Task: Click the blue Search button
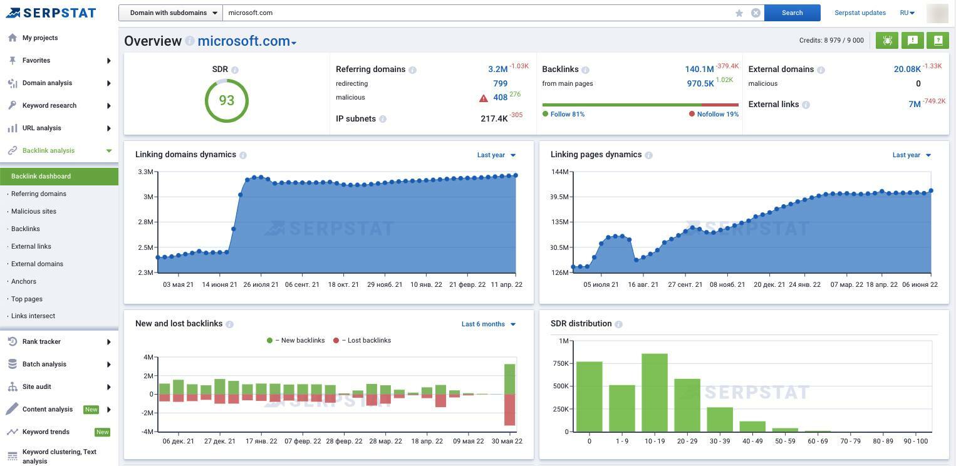[x=792, y=13]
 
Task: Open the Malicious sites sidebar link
[x=34, y=211]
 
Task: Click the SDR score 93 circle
[x=227, y=101]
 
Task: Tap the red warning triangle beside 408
[x=484, y=98]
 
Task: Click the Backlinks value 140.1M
[x=699, y=69]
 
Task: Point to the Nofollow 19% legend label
[x=717, y=114]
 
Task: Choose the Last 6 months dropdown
[x=488, y=324]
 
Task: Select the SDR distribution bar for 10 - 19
[x=654, y=393]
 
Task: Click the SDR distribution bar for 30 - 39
[x=720, y=420]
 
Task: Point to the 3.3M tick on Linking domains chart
[x=145, y=172]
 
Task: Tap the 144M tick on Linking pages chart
[x=560, y=172]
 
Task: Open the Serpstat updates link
[x=860, y=13]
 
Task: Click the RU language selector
[x=907, y=13]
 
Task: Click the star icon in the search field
[x=739, y=13]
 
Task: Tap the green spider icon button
[x=887, y=41]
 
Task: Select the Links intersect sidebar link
[x=33, y=316]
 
